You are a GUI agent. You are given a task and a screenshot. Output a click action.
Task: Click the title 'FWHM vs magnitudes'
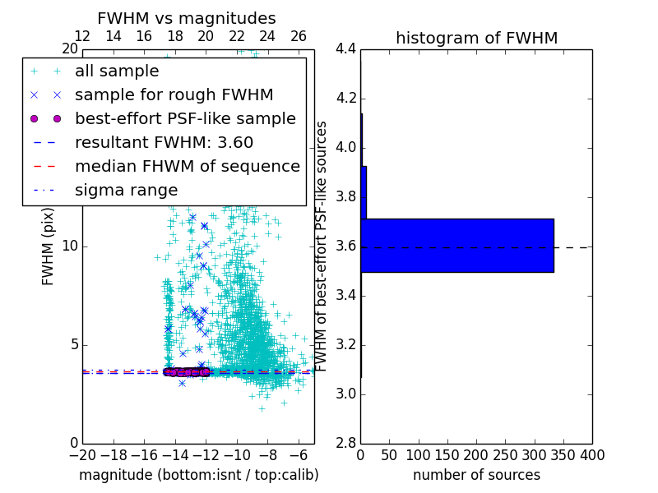coord(187,18)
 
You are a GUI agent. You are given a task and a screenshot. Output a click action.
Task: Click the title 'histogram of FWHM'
coord(476,38)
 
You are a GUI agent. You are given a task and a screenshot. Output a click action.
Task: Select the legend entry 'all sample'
coord(117,71)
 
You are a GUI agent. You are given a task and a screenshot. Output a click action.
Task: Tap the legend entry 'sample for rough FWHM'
coord(174,95)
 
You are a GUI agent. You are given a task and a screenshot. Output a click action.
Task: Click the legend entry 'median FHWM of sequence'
coord(187,167)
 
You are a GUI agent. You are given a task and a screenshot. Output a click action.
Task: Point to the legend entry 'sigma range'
coord(126,191)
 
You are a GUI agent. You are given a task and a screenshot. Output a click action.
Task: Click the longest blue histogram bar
coord(456,245)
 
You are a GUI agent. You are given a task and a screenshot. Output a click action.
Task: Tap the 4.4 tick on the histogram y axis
coord(345,48)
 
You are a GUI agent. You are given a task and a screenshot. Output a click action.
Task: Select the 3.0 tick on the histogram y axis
coord(345,394)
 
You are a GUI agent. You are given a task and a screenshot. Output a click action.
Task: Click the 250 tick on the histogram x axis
coord(505,454)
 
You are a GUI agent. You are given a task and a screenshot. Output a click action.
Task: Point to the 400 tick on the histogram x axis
coord(591,454)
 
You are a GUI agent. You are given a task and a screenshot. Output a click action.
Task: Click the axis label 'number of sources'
coord(476,475)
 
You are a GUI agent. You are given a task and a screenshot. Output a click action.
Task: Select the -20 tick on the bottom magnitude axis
coord(82,454)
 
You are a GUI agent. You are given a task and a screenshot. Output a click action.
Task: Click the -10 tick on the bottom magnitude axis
coord(237,454)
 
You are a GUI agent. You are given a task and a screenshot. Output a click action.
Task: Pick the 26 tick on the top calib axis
coord(299,36)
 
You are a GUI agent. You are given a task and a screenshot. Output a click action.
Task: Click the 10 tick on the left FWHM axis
coord(68,246)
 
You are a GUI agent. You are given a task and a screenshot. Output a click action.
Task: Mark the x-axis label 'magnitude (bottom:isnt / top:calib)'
coord(198,475)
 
